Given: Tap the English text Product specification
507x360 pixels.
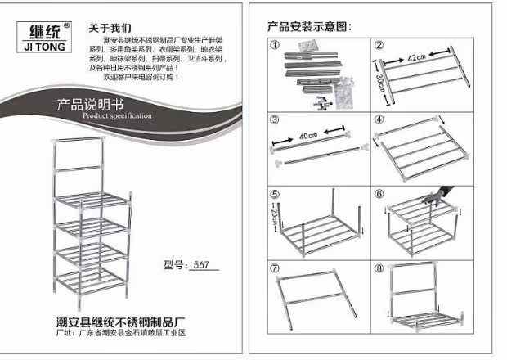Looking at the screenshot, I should click(x=118, y=116).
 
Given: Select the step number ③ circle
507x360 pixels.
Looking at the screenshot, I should click(x=276, y=119).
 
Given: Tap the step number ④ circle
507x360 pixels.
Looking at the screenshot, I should click(x=380, y=119).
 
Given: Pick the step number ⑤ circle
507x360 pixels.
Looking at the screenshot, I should click(x=276, y=194).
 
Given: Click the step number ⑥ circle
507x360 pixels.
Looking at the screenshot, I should click(x=380, y=194).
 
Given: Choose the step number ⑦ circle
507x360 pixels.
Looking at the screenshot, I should click(x=276, y=268).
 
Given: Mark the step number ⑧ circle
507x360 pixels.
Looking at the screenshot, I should click(x=380, y=268).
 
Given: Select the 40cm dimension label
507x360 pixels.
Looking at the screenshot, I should click(x=310, y=136).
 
